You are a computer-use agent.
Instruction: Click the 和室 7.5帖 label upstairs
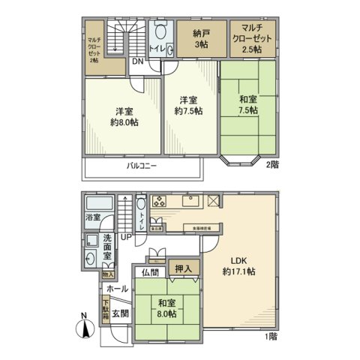[x=247, y=103]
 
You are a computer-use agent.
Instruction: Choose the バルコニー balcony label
[x=141, y=166]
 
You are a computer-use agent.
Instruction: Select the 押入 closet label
[x=184, y=268]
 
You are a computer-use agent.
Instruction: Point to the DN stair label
[x=137, y=62]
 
